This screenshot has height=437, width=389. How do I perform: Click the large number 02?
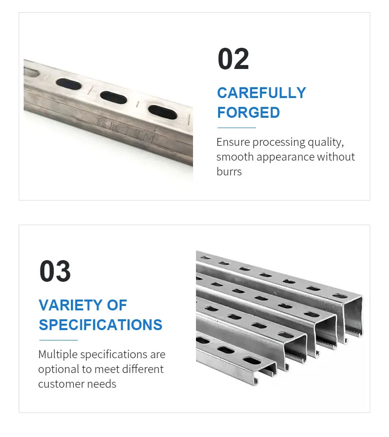coord(233,60)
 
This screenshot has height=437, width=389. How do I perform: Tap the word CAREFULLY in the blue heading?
coord(261,93)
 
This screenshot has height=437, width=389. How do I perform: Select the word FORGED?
coord(249,112)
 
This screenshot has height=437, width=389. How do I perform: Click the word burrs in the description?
coord(229,171)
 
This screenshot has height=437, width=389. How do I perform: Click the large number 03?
coord(55,271)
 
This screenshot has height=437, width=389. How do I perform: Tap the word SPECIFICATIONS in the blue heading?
coord(100,325)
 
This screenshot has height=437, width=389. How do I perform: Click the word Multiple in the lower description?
coord(58,354)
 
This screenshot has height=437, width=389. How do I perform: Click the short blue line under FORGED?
coord(236,128)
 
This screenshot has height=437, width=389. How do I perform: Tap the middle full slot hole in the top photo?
coord(114,98)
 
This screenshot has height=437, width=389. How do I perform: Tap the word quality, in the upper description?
coord(325,142)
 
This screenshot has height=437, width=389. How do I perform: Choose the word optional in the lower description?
coord(58,369)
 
